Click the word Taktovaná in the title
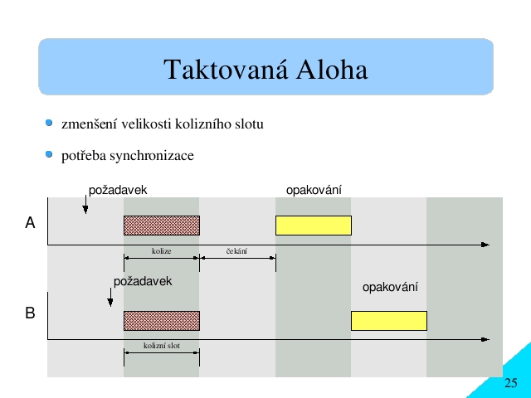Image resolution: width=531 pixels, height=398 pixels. click(x=226, y=70)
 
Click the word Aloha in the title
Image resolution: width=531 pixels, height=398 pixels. click(x=332, y=70)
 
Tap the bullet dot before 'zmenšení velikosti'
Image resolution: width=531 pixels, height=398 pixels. click(x=49, y=123)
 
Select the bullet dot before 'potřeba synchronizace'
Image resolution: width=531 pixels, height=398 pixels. click(x=49, y=154)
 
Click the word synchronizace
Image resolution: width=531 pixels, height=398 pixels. click(x=152, y=156)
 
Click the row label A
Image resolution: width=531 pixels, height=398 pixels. click(x=30, y=223)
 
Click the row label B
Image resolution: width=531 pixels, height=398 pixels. click(x=30, y=313)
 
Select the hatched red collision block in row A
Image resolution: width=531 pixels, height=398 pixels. click(x=162, y=226)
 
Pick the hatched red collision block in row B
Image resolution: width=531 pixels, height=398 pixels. click(x=162, y=321)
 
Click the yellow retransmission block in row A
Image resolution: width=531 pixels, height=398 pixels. click(x=314, y=226)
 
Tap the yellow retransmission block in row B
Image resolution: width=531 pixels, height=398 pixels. click(x=389, y=321)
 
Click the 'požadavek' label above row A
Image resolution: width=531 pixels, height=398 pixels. click(x=118, y=190)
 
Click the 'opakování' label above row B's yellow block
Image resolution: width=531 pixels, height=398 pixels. click(x=390, y=288)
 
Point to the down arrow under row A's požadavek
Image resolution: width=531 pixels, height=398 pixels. click(x=85, y=205)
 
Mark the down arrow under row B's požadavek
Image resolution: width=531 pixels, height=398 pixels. click(x=110, y=297)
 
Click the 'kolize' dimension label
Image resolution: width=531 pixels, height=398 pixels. click(x=162, y=251)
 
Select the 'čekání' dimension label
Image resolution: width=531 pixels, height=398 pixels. click(x=236, y=251)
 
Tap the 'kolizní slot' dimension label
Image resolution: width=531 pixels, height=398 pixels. click(x=162, y=346)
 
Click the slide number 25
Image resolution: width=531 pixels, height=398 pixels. click(x=511, y=383)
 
